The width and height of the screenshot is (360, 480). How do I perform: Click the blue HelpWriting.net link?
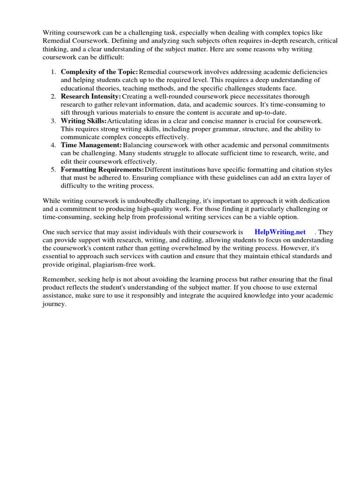click(x=280, y=232)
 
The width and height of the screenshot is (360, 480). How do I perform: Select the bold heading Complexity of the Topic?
click(x=99, y=72)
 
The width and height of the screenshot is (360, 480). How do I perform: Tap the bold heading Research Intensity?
click(x=91, y=97)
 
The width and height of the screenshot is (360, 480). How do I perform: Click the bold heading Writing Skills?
click(x=84, y=121)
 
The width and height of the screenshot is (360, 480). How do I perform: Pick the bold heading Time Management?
click(x=91, y=145)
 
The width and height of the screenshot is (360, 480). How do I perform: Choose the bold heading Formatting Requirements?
click(x=102, y=169)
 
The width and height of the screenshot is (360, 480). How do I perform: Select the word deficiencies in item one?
click(x=309, y=72)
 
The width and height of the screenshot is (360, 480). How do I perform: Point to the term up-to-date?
click(x=270, y=112)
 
